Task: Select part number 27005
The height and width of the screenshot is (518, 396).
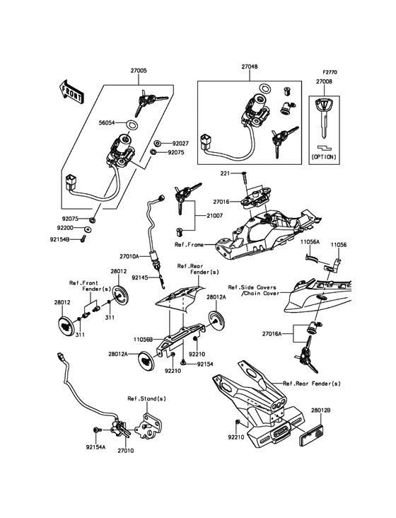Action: click(x=139, y=71)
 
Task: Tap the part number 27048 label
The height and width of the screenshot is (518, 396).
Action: click(x=250, y=67)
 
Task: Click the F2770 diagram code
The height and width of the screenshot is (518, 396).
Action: click(x=330, y=72)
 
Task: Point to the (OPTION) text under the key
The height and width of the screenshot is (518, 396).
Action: click(x=324, y=157)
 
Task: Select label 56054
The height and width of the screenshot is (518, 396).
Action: click(x=107, y=122)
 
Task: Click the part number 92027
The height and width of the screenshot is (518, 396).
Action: click(x=180, y=144)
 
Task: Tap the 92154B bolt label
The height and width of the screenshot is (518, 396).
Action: click(x=59, y=240)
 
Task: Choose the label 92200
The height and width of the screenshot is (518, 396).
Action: click(x=65, y=228)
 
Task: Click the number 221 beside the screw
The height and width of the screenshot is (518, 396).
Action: click(x=226, y=173)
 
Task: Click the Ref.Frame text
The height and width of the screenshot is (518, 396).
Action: click(x=189, y=245)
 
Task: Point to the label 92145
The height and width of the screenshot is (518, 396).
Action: click(x=140, y=278)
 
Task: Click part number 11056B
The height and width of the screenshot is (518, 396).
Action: click(x=144, y=339)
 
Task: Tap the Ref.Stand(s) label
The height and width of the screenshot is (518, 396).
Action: click(x=147, y=398)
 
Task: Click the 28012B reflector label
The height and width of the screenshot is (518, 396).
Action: click(x=320, y=410)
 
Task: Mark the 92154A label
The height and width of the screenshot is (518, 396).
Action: click(x=95, y=447)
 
